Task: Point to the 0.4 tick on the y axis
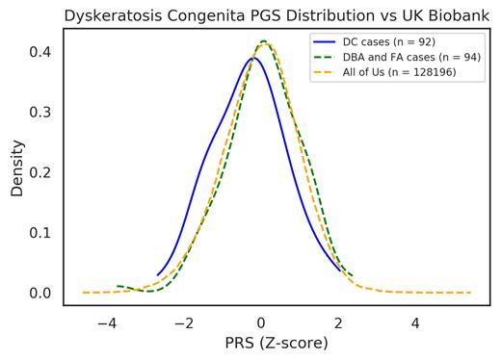(x=43, y=51)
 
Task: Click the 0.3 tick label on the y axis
(x=43, y=112)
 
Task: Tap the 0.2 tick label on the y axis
(x=43, y=172)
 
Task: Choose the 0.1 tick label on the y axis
(x=43, y=232)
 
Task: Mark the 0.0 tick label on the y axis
(x=43, y=293)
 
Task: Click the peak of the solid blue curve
(x=253, y=58)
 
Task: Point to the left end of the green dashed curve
(x=117, y=286)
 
